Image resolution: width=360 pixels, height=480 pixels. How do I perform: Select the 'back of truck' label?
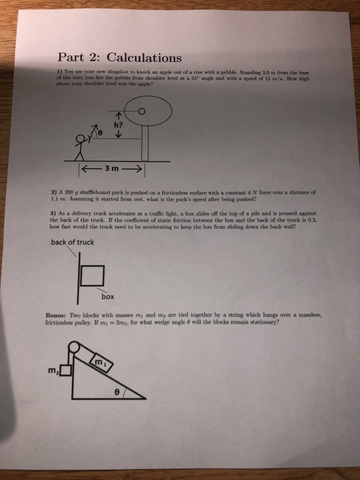click(x=73, y=241)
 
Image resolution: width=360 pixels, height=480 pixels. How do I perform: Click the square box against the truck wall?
click(x=92, y=277)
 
